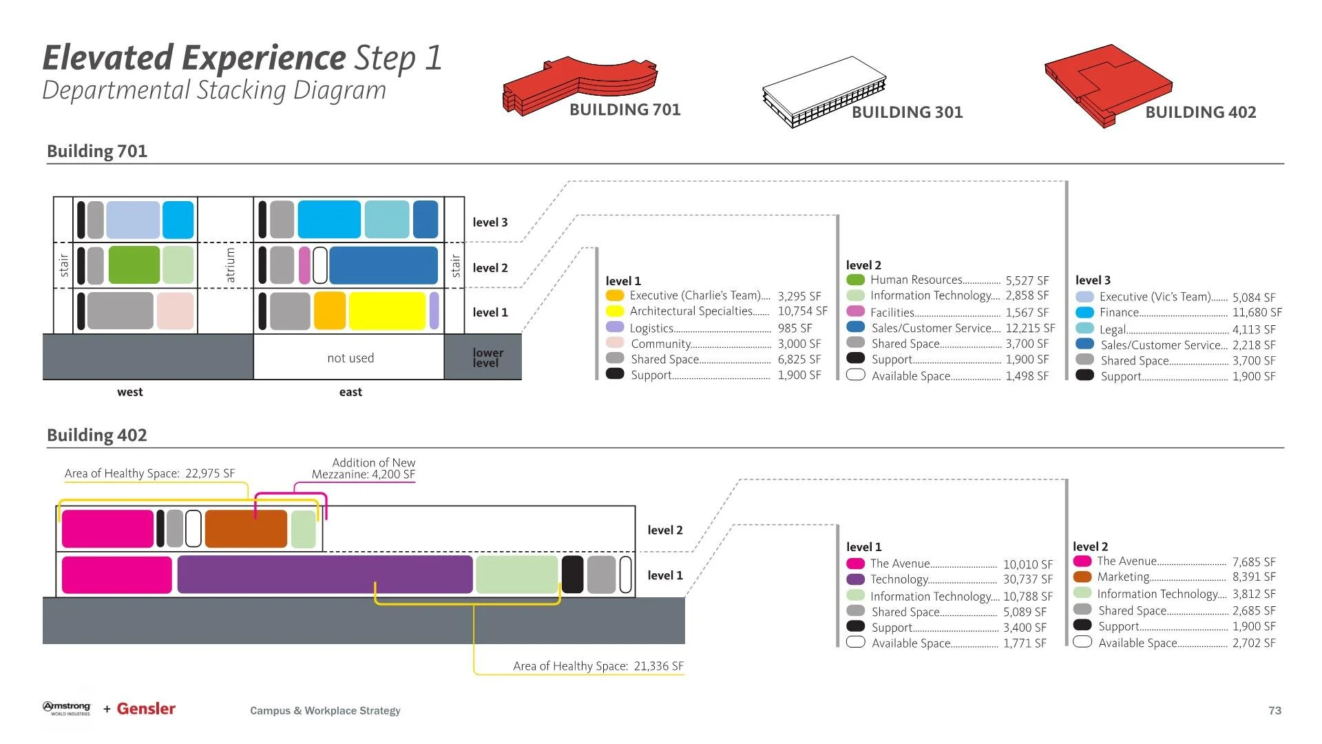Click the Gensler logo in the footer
click(146, 709)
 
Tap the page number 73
click(1274, 710)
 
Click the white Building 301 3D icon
click(823, 93)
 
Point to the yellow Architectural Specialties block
click(387, 311)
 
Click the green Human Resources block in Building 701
click(134, 265)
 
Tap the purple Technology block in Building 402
click(324, 575)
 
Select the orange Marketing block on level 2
click(246, 529)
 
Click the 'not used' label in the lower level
click(350, 358)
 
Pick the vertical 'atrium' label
click(231, 266)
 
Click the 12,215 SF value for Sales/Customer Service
click(1030, 329)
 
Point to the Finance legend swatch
click(1084, 313)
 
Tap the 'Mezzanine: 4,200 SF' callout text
click(363, 475)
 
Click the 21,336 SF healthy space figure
click(658, 666)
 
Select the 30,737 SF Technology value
click(1027, 579)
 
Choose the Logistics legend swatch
click(615, 328)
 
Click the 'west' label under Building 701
click(130, 392)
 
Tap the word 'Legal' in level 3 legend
click(1113, 330)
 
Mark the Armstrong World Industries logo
click(67, 709)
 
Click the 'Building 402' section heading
click(97, 435)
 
